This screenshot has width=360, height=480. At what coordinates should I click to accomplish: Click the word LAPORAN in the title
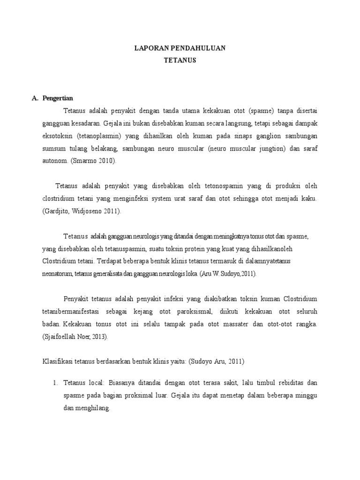click(148, 48)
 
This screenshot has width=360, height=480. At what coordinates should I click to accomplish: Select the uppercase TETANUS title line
click(180, 60)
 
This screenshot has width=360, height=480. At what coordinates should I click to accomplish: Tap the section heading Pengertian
click(58, 98)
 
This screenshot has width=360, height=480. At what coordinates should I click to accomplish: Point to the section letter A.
click(34, 98)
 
